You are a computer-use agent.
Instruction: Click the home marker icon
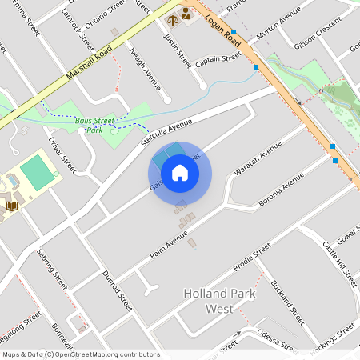click(180, 173)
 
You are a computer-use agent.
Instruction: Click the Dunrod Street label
click(116, 289)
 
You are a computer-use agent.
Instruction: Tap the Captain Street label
click(218, 59)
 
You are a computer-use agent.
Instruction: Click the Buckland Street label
click(288, 302)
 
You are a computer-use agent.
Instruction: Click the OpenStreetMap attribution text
click(81, 354)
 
